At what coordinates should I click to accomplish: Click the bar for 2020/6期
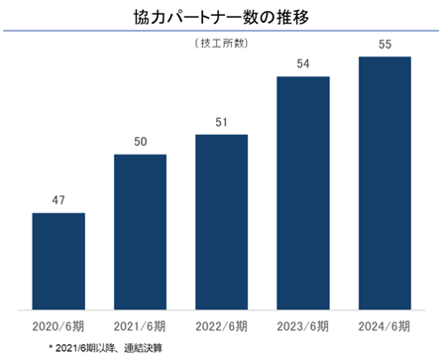[58, 261]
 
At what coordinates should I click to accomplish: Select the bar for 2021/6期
[140, 232]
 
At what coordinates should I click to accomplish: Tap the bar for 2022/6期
[222, 222]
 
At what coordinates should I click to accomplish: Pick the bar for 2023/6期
[303, 193]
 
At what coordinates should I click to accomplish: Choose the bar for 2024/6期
[385, 183]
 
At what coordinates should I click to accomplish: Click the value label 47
[58, 200]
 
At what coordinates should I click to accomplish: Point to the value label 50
[141, 142]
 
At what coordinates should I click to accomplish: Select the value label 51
[221, 122]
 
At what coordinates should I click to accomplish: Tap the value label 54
[303, 63]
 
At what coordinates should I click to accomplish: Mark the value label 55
[385, 45]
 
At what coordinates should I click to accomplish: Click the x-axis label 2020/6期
[58, 326]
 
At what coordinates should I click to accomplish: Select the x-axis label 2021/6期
[140, 326]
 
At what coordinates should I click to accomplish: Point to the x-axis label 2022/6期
[221, 326]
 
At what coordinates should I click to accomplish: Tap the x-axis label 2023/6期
[303, 326]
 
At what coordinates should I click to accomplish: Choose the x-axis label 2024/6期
[385, 326]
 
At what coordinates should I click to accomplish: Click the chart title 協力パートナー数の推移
[221, 17]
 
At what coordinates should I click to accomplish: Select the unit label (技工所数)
[221, 44]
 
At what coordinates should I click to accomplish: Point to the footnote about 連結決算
[106, 348]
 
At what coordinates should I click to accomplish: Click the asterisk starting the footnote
[51, 347]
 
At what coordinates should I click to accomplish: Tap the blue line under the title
[221, 31]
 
